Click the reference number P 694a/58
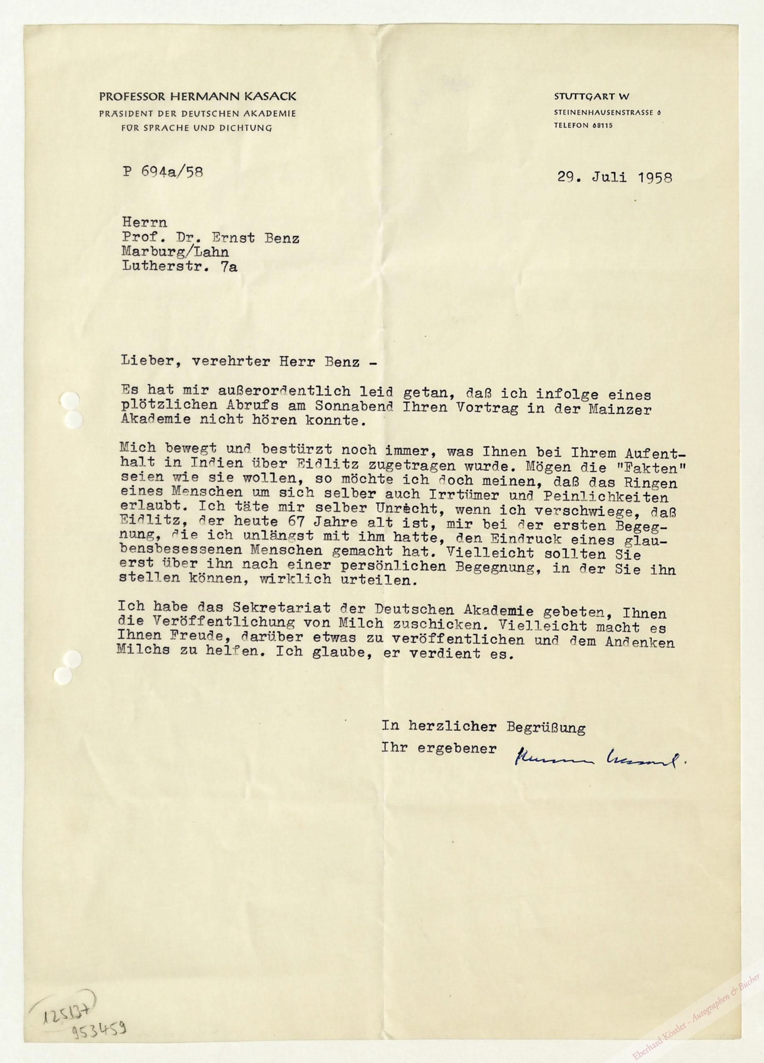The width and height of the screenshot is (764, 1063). pos(163,172)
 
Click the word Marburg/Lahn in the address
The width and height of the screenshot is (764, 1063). pos(175,252)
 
